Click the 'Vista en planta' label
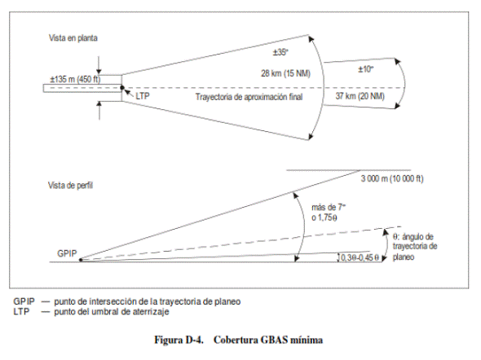click(x=73, y=38)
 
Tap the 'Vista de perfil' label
click(x=70, y=186)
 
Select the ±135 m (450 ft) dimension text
click(x=75, y=79)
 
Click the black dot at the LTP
click(x=122, y=88)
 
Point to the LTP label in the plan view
click(x=143, y=96)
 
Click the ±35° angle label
click(x=280, y=52)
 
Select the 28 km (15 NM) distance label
click(x=285, y=73)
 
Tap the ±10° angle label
click(x=366, y=69)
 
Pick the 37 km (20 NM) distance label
click(x=360, y=96)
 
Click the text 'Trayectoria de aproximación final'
click(x=249, y=97)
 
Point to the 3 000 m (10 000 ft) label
click(x=392, y=178)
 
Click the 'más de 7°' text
click(x=329, y=208)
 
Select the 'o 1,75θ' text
click(x=324, y=217)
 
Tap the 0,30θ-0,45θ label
click(x=360, y=257)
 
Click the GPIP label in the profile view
click(x=67, y=253)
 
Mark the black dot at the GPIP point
click(x=81, y=260)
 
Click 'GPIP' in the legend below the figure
click(x=24, y=301)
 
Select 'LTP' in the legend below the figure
click(x=21, y=312)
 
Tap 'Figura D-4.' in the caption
click(x=179, y=340)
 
